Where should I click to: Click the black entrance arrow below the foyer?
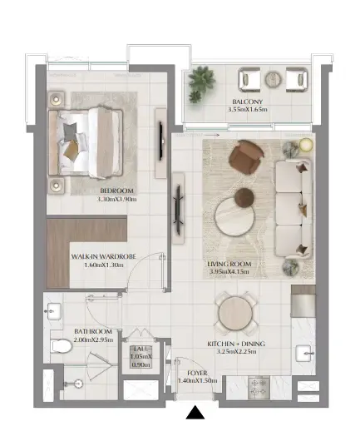(195, 413)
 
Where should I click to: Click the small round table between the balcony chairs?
(274, 79)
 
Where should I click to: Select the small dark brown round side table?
(243, 197)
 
